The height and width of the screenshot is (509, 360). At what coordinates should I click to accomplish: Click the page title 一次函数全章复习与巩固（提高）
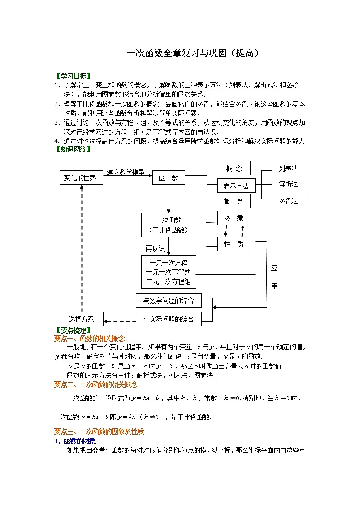(193, 53)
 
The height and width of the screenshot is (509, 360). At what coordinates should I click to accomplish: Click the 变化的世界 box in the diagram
(81, 178)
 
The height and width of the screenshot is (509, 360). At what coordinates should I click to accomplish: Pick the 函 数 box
(168, 178)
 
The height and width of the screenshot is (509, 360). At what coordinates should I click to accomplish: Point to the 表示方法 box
(236, 186)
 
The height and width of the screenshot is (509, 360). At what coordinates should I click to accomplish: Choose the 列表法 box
(288, 168)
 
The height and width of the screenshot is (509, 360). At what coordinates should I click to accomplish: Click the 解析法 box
(288, 184)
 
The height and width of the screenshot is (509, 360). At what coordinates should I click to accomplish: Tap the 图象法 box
(288, 200)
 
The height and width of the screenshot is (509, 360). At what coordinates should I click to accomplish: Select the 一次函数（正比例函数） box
(169, 225)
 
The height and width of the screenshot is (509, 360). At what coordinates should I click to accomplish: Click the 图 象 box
(234, 218)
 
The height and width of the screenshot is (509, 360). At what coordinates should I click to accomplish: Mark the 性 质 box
(234, 244)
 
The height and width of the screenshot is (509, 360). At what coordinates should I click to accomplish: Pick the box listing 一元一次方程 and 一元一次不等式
(169, 272)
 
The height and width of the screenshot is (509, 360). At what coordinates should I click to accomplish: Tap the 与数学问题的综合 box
(168, 301)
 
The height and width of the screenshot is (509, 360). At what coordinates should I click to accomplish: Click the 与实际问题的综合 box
(168, 319)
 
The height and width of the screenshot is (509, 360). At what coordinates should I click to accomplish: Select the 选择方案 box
(82, 319)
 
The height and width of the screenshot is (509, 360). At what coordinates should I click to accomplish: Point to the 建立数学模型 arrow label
(126, 172)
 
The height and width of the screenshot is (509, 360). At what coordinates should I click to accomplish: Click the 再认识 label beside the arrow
(155, 248)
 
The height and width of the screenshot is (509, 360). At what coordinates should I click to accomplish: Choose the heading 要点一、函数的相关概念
(89, 339)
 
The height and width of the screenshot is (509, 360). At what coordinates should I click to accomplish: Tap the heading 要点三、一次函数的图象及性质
(99, 431)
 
